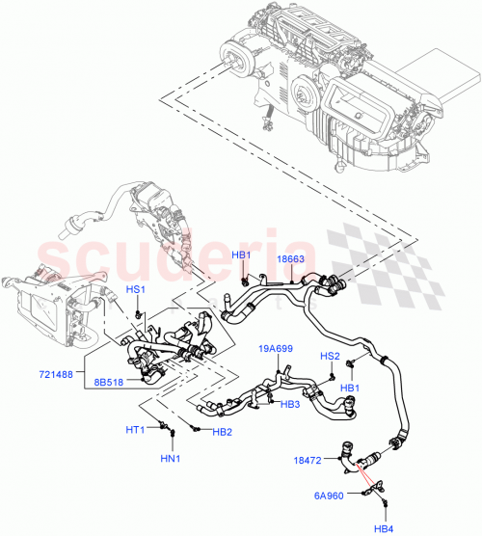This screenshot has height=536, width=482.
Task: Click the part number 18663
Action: pos(292,260)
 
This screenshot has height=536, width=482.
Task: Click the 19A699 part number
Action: pos(276,349)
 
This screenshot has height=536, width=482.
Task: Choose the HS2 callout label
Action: pos(330,357)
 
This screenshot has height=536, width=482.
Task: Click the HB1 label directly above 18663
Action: pos(241,255)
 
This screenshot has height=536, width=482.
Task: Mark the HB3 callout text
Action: pos(291,404)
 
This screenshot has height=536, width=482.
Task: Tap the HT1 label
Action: pos(135,429)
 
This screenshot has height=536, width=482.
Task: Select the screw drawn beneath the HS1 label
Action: pos(140,312)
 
